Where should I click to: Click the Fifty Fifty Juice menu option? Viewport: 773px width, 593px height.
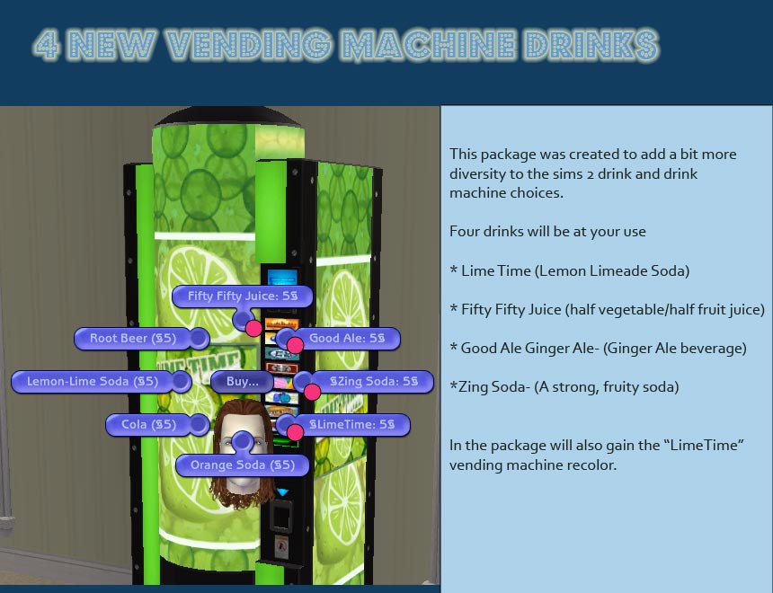(x=242, y=296)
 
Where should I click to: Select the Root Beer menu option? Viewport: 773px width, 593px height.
(x=133, y=339)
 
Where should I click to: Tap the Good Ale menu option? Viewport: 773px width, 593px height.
(x=347, y=339)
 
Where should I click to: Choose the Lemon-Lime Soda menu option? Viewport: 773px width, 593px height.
(x=93, y=382)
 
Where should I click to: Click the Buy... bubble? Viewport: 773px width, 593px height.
(x=243, y=382)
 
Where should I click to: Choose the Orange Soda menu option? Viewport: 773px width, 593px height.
(x=242, y=465)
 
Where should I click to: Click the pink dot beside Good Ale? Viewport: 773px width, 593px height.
(x=294, y=344)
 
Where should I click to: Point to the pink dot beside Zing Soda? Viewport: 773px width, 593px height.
(x=312, y=392)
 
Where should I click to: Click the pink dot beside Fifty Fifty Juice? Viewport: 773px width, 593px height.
(x=253, y=327)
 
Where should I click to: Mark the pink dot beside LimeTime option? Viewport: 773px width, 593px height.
(x=294, y=432)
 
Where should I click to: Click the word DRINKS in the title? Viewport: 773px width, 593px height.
(x=589, y=47)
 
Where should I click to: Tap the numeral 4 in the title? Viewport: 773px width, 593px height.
(x=47, y=47)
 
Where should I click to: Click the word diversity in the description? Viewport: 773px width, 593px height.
(x=480, y=173)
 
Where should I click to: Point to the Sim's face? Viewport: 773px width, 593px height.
(x=242, y=458)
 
